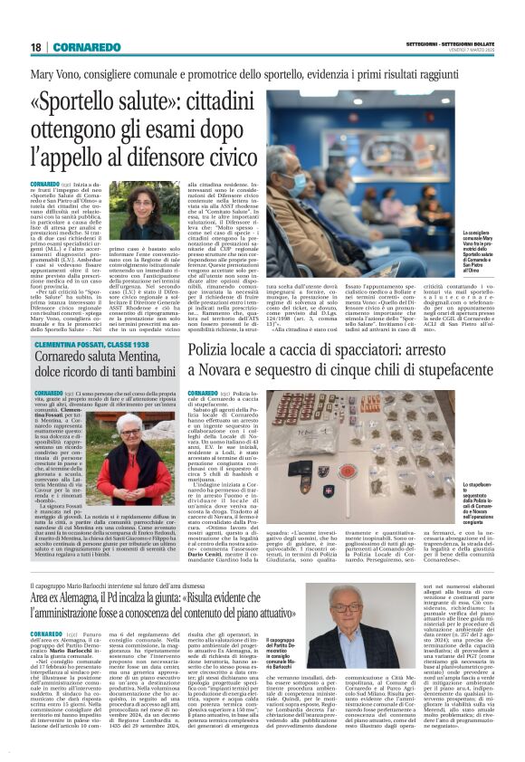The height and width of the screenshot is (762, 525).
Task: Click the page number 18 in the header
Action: (x=35, y=47)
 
